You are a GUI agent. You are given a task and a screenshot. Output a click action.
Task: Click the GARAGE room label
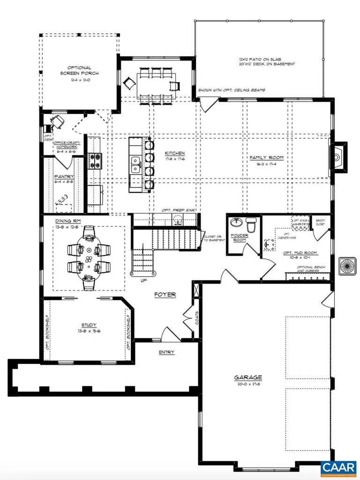[x=248, y=377]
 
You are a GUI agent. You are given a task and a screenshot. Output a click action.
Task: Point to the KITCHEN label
[x=174, y=153]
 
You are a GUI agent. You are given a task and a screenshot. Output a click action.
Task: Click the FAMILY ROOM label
[x=266, y=158]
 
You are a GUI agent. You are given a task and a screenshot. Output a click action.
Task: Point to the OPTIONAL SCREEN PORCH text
[x=79, y=70]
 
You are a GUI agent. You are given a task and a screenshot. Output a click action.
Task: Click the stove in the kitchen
[x=95, y=161]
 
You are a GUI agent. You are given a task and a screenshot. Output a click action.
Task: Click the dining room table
[x=89, y=257]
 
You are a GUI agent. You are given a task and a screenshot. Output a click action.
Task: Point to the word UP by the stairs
[x=144, y=280]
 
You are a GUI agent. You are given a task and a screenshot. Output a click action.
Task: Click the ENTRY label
[x=166, y=352]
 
